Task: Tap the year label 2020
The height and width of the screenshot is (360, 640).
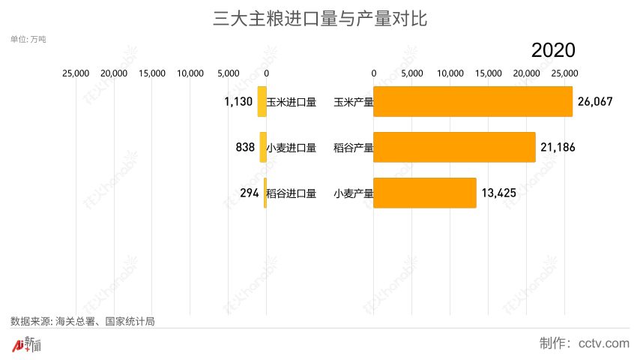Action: (553, 50)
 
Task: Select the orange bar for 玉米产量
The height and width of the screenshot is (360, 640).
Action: (472, 102)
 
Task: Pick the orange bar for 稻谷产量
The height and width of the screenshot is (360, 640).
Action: (454, 147)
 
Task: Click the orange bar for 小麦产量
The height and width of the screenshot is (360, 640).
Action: (424, 193)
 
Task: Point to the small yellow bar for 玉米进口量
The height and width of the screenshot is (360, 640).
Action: (262, 102)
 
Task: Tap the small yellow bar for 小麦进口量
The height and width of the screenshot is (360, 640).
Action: (263, 147)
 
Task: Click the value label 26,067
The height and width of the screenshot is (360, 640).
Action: (596, 102)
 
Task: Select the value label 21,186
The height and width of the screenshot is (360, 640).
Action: (558, 147)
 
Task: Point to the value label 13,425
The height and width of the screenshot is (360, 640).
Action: (498, 193)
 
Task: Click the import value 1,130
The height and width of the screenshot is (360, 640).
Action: (238, 102)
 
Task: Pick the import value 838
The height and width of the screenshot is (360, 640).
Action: (245, 147)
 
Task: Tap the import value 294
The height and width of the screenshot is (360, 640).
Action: (249, 193)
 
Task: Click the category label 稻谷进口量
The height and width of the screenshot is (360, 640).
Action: (292, 193)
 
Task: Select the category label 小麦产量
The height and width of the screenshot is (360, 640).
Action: (353, 193)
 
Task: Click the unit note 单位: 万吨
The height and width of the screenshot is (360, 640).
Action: (28, 38)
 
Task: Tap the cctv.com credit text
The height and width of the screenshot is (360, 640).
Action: (584, 343)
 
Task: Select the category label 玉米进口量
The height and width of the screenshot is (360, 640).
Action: (292, 102)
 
